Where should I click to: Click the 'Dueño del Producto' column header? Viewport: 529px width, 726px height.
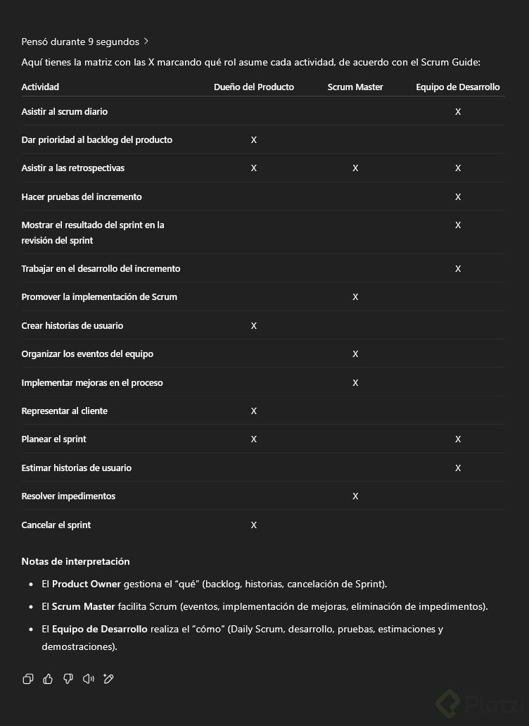[x=254, y=87]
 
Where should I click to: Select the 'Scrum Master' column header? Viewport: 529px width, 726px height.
[x=355, y=87]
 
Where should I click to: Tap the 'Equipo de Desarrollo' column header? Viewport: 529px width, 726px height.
[x=458, y=87]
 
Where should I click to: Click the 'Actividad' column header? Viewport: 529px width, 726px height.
[x=40, y=87]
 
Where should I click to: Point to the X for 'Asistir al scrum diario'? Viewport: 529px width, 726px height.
[x=458, y=111]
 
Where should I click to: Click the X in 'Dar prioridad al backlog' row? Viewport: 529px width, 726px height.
[x=254, y=139]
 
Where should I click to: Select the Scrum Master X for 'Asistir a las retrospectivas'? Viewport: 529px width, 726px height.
[x=355, y=168]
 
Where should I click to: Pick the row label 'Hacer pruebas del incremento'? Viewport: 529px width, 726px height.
[x=82, y=196]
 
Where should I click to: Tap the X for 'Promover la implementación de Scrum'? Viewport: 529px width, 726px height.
[x=355, y=296]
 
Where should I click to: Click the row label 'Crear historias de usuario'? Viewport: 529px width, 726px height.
[x=72, y=325]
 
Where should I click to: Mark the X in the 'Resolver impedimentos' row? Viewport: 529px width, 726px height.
[x=355, y=496]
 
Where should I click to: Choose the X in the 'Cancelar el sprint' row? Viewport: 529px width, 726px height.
[x=254, y=525]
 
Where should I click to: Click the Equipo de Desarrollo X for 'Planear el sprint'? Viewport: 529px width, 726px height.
[x=458, y=439]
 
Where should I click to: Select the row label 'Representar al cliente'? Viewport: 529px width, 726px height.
[x=65, y=411]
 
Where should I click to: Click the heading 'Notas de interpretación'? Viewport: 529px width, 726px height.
[x=75, y=561]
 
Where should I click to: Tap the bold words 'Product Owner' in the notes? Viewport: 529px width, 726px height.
[x=86, y=584]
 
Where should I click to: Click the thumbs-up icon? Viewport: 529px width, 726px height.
[x=48, y=679]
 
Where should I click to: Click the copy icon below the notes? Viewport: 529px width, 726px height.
[x=27, y=679]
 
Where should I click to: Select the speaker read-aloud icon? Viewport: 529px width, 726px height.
[x=88, y=679]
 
